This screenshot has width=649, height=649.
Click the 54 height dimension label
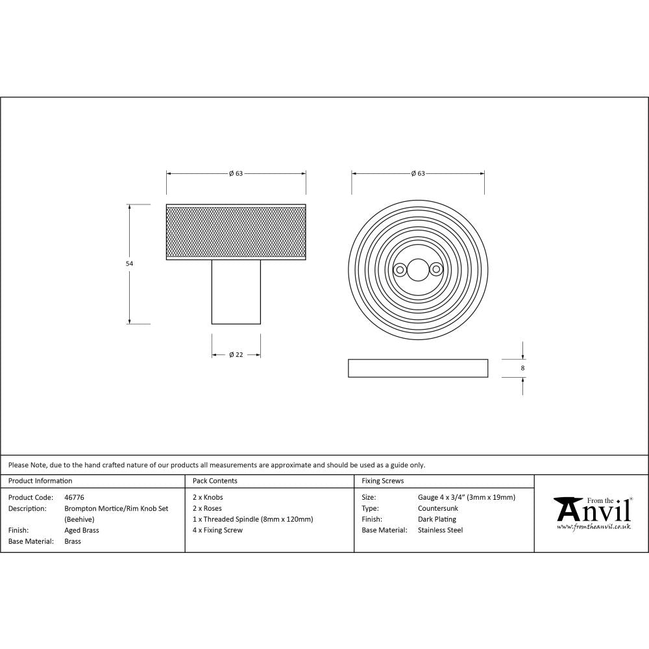129,264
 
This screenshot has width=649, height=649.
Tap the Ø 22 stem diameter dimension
236,354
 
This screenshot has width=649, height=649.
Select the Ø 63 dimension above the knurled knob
236,173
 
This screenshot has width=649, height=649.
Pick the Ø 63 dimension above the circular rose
418,173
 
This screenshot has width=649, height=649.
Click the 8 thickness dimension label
522,368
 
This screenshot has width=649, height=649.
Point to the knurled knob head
236,232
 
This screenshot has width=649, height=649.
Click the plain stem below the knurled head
236,291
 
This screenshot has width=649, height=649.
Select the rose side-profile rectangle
418,368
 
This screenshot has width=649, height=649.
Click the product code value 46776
74,498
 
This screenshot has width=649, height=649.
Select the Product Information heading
40,481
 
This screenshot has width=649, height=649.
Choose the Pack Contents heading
215,481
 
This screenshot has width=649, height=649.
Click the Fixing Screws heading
382,481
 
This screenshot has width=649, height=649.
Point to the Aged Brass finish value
82,530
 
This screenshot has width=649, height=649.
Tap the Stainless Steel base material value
440,530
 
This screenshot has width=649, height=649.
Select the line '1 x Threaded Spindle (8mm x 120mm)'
253,519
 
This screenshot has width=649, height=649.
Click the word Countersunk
437,508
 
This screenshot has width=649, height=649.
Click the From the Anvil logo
592,513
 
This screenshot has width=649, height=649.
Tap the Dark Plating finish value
437,519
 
